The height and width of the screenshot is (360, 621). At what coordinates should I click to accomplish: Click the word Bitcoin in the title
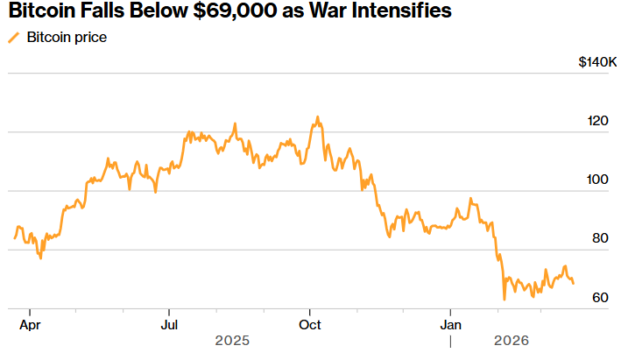39,11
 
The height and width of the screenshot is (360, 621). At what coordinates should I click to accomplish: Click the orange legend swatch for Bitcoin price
13,39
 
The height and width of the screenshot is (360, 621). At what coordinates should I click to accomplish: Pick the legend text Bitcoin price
67,39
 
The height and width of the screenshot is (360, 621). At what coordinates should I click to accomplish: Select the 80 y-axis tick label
600,238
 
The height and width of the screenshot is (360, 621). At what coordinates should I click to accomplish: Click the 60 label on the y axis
600,298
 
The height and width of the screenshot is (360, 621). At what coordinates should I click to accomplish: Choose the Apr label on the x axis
30,324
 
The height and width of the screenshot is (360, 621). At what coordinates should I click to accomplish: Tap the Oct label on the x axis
310,324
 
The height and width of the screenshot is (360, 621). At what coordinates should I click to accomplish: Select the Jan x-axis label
451,324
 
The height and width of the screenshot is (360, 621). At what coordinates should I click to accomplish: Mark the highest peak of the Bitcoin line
317,116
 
